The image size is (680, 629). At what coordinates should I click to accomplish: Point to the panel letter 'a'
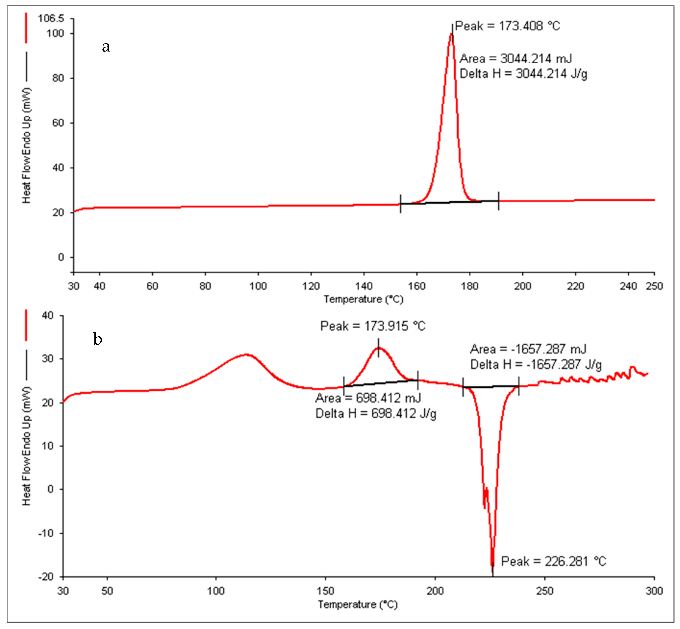tap(106, 47)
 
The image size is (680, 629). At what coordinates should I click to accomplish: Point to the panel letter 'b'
tap(98, 339)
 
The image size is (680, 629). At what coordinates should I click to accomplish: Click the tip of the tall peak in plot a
tap(451, 34)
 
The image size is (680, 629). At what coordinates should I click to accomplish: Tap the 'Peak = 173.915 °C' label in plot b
tap(372, 326)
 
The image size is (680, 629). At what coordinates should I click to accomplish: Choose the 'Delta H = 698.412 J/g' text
tap(376, 414)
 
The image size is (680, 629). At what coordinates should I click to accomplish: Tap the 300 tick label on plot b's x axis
tap(654, 591)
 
